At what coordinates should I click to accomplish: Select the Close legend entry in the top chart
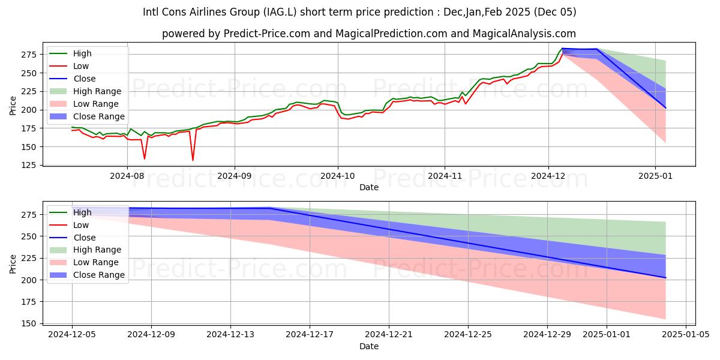(x=84, y=79)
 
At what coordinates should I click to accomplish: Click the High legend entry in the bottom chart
(x=82, y=212)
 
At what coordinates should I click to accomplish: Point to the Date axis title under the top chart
(x=368, y=187)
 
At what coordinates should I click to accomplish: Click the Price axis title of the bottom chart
(x=13, y=263)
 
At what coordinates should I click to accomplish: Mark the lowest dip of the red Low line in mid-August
(x=193, y=160)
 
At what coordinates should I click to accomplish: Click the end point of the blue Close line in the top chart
(x=665, y=108)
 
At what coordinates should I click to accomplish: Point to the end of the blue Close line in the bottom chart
(x=665, y=278)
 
